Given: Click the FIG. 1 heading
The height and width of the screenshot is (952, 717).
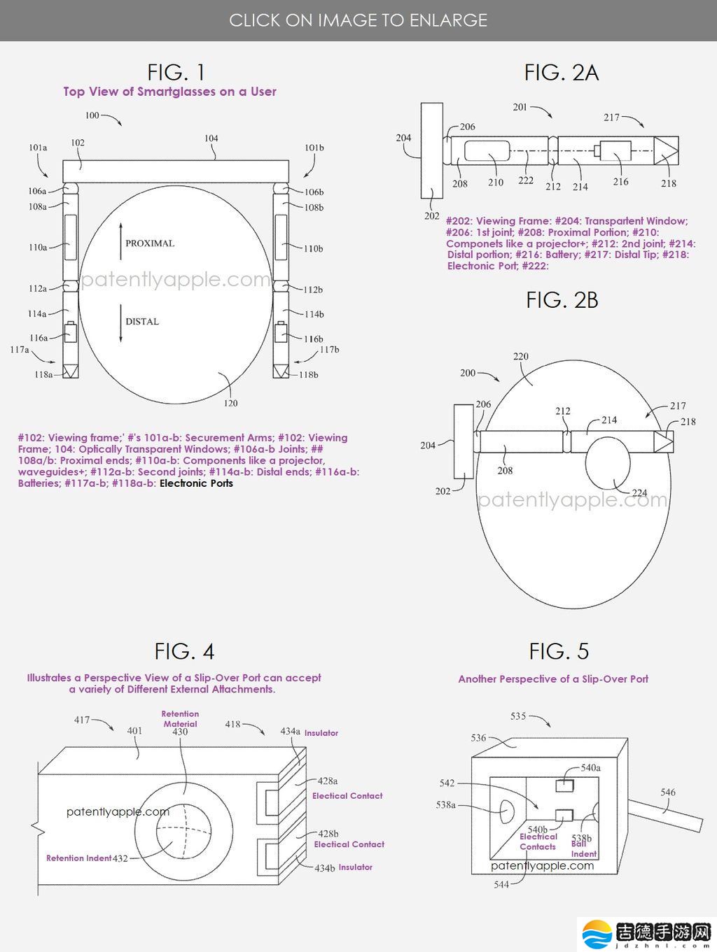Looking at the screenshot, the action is (x=176, y=73).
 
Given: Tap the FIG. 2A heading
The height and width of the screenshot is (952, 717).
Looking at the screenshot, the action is (x=561, y=73).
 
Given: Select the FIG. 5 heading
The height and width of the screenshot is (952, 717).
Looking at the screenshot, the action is (x=559, y=651).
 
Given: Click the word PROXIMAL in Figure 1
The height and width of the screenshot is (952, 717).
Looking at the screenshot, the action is (x=150, y=243).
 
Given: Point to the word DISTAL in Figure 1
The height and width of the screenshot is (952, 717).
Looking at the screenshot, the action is (x=142, y=321).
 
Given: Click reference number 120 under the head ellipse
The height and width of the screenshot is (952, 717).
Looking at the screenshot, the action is (x=230, y=403).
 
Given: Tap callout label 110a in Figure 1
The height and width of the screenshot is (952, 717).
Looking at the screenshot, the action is (x=38, y=247).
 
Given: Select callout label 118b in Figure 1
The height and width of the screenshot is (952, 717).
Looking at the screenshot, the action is (x=308, y=374).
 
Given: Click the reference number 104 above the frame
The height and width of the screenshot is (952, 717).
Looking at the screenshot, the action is (x=211, y=138).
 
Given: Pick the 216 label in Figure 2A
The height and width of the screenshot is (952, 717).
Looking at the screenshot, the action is (x=620, y=182).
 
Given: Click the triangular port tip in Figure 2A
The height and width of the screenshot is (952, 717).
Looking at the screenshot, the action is (x=666, y=150).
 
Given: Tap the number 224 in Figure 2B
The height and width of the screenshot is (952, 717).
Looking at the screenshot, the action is (x=639, y=492).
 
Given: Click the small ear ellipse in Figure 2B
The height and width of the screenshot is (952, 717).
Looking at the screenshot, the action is (x=608, y=463).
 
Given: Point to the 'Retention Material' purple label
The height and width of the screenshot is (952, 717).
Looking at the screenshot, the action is (x=180, y=718).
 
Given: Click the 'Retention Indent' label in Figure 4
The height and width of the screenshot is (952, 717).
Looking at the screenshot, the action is (x=78, y=858).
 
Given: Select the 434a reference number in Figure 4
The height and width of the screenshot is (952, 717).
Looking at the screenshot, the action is (x=290, y=731).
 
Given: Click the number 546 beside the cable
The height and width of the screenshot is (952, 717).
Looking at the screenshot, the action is (x=668, y=792).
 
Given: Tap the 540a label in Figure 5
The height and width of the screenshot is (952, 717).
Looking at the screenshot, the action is (x=591, y=767).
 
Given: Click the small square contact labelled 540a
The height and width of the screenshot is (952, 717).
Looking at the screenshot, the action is (x=564, y=786).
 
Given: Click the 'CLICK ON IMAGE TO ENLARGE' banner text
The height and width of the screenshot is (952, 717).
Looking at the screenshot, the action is (x=358, y=20).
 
